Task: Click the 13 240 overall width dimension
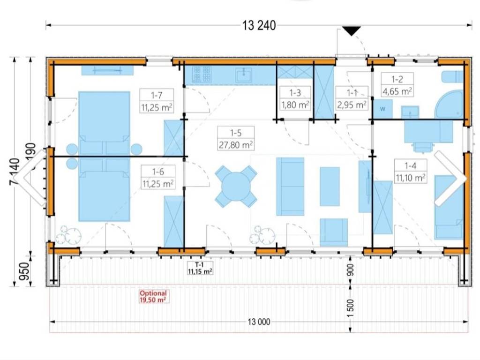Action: click(x=259, y=25)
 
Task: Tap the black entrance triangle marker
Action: click(x=352, y=31)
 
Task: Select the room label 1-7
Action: click(x=157, y=95)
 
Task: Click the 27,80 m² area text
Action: click(x=236, y=145)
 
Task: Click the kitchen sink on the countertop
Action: click(x=244, y=75)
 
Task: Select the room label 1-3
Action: click(x=295, y=92)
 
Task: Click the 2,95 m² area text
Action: click(x=352, y=105)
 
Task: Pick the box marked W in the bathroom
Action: click(x=382, y=109)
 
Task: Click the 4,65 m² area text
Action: click(x=397, y=91)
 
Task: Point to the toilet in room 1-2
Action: click(x=452, y=76)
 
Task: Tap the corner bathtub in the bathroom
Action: click(x=450, y=105)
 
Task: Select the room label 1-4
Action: click(x=410, y=166)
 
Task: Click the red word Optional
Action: click(x=153, y=293)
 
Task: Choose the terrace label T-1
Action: click(x=199, y=264)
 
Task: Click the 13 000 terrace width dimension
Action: click(x=259, y=322)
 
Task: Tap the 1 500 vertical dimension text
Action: click(x=351, y=309)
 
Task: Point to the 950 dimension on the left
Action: click(x=24, y=271)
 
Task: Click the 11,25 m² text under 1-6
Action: click(x=158, y=184)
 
